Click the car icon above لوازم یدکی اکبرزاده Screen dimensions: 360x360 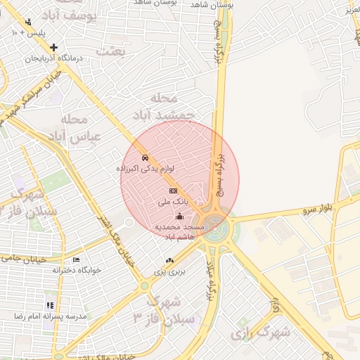(144, 157)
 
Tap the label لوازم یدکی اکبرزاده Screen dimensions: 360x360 (146, 169)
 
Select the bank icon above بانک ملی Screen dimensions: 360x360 (173, 191)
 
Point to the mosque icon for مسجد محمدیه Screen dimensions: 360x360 (179, 217)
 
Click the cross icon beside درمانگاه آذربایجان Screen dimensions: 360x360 (53, 47)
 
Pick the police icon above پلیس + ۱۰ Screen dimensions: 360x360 (27, 22)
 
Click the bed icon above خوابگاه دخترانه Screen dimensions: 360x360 (77, 259)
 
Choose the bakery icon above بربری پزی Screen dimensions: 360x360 (169, 260)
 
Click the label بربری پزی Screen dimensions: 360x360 (169, 271)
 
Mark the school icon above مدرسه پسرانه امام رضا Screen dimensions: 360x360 (50, 305)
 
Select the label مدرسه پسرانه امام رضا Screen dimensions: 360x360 (50, 316)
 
